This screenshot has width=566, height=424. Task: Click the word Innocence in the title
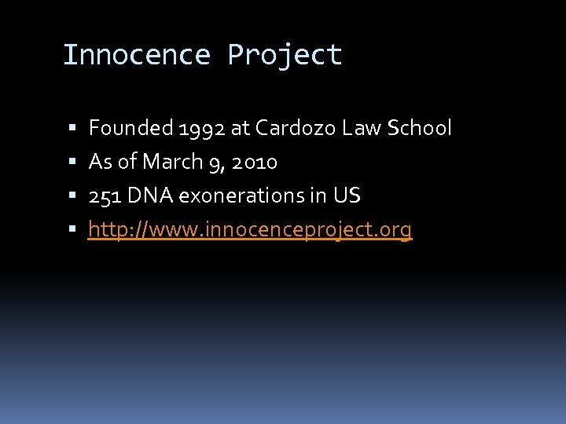tap(136, 55)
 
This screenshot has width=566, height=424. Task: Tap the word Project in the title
tap(285, 55)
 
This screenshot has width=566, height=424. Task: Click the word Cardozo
tap(296, 128)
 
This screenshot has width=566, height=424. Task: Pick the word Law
tap(361, 128)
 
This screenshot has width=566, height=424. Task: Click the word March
tap(170, 162)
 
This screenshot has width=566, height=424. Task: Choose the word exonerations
tap(241, 196)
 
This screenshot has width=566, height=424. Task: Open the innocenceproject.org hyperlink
tap(250, 230)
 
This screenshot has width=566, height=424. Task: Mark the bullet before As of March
tap(72, 163)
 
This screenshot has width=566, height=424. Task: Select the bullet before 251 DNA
tap(72, 196)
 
